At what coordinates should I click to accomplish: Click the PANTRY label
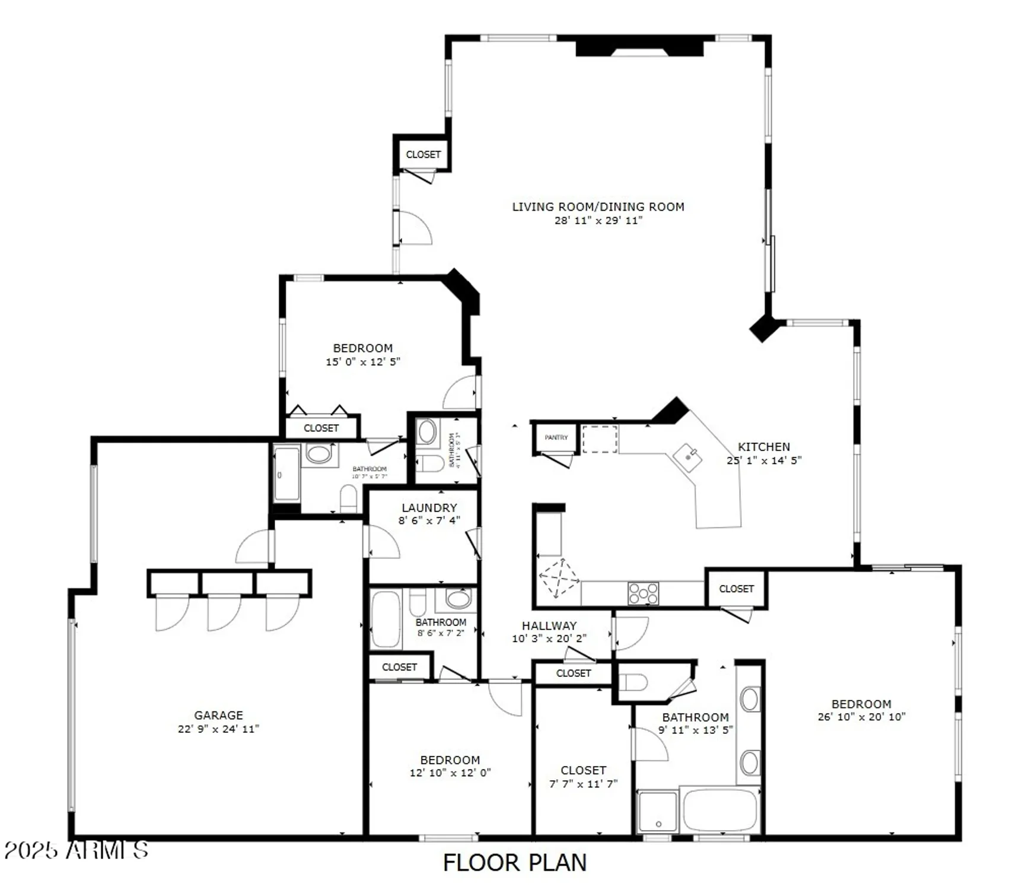point(556,437)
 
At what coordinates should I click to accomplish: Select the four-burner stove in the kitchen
point(643,593)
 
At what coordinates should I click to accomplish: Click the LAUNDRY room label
point(429,508)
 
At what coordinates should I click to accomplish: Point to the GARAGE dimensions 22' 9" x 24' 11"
point(218,729)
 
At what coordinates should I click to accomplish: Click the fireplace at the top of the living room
point(639,47)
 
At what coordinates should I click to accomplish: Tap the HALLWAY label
point(549,625)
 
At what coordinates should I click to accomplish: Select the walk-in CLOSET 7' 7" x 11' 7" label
point(583,770)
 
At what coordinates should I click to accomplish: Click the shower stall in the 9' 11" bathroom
point(657,811)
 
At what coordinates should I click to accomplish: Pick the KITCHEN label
point(763,447)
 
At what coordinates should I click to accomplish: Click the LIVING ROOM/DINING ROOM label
point(598,206)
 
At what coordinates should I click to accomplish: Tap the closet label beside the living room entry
point(423,154)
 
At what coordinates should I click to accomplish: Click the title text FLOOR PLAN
point(514,862)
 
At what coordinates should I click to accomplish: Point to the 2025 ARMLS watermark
point(76,850)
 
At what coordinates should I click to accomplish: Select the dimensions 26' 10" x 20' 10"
point(861,717)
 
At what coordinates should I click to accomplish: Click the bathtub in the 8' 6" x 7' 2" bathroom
point(386,618)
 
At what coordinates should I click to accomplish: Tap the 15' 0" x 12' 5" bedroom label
point(362,348)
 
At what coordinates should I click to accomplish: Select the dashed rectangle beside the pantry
point(600,439)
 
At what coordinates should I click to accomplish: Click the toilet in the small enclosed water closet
point(633,682)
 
